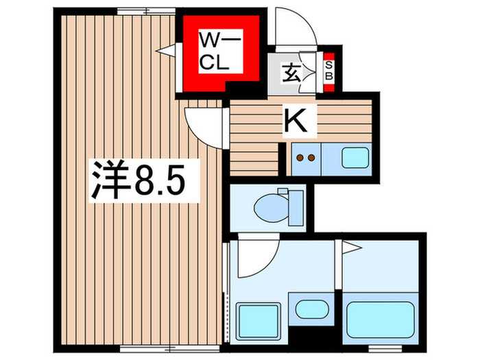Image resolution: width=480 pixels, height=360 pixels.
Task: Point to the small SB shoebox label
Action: click(328, 70)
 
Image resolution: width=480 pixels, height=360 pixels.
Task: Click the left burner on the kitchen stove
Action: click(300, 158)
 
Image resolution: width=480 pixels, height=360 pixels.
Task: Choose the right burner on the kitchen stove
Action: click(311, 158)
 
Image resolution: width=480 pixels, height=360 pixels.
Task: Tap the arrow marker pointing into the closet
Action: click(165, 49)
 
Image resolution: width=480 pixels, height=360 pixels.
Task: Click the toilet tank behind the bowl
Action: click(296, 204)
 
